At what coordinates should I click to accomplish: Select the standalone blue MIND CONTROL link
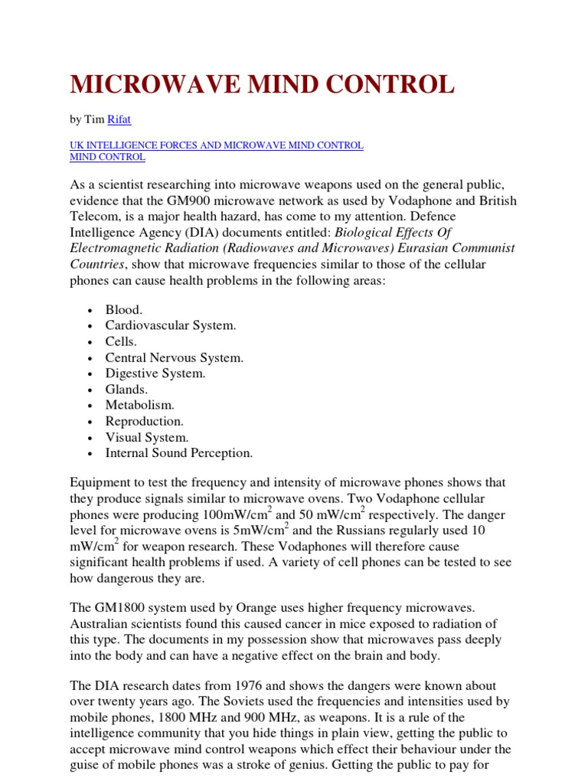107,157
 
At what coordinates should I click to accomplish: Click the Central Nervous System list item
175,358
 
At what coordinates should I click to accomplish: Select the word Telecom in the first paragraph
93,217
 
